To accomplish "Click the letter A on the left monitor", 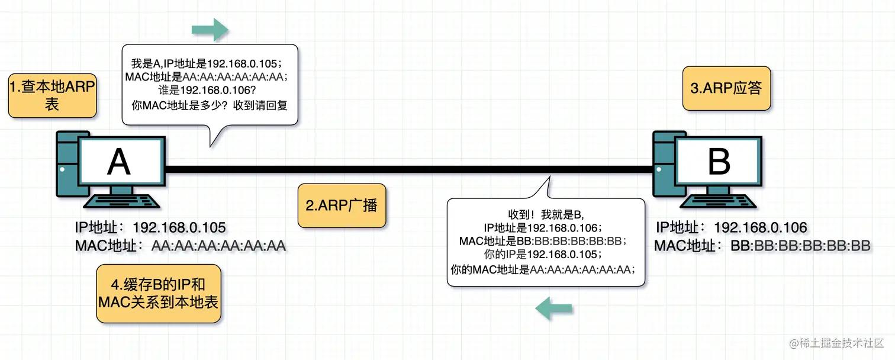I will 118,161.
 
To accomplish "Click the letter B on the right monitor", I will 719,161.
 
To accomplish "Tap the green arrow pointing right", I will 210,29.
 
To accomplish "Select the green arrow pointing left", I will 553,308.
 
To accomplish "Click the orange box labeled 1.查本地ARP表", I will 52,96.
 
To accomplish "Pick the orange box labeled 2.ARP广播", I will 342,205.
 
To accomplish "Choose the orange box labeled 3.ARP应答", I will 726,88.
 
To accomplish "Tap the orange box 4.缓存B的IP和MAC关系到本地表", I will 158,293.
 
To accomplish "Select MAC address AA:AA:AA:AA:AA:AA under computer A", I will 218,246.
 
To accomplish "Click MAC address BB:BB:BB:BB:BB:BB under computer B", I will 800,246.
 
